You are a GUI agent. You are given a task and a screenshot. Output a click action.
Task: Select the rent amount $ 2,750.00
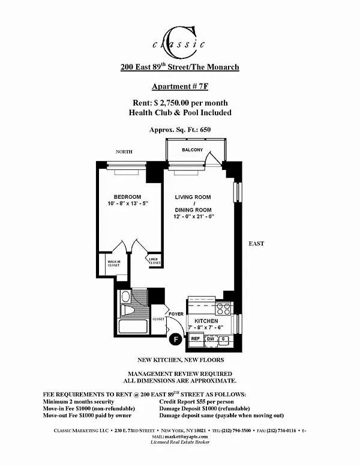coord(172,103)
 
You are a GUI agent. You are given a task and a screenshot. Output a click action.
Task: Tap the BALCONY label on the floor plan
coord(192,150)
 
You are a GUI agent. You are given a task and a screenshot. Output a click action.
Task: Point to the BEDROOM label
coord(127,197)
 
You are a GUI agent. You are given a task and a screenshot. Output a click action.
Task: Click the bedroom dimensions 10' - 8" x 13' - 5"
coord(128,204)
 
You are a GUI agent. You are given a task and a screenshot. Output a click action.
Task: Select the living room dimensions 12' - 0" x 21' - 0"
coord(194,217)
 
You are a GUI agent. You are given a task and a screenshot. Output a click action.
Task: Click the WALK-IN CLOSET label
coord(114,263)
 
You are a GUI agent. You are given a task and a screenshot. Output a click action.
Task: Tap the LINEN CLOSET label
coord(155,261)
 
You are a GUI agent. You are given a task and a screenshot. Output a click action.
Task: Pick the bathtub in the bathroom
coord(133,326)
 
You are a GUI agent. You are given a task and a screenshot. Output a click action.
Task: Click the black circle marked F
coord(176,339)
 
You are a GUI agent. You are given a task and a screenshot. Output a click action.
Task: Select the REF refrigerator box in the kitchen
coord(196,339)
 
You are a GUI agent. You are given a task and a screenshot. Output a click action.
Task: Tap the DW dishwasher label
coord(211,339)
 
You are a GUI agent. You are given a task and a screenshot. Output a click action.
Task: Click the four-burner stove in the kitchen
coord(223,309)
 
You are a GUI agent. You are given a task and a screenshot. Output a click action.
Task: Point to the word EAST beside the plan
coord(256,244)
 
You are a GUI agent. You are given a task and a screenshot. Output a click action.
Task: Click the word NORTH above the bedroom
coord(124,152)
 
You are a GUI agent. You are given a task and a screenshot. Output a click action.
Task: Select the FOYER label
coord(176,314)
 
